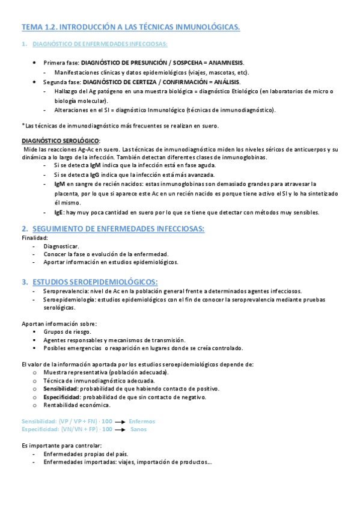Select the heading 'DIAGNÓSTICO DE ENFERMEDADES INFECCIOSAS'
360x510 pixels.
coord(100,45)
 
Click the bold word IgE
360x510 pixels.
coord(58,212)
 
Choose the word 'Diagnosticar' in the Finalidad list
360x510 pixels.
coord(61,247)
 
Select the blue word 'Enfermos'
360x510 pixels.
coord(142,422)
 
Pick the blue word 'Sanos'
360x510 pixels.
coord(138,429)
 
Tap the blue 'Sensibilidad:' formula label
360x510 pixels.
coord(39,422)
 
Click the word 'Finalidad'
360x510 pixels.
coord(35,238)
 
